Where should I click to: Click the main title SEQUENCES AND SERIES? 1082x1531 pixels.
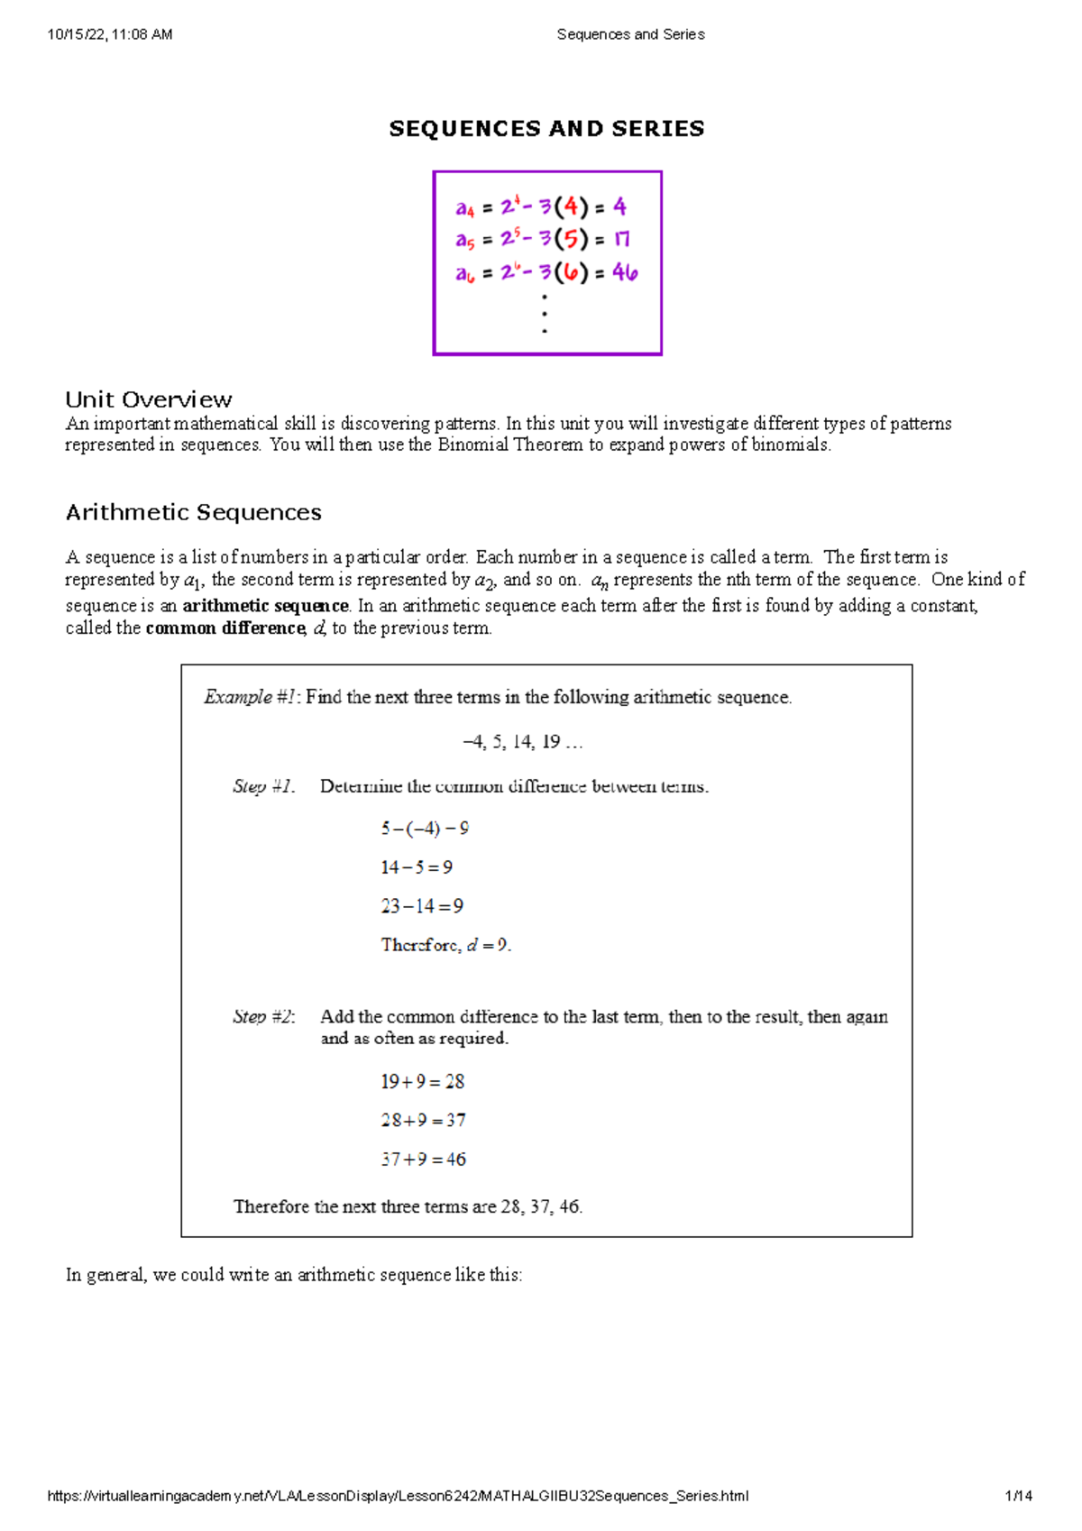(x=546, y=129)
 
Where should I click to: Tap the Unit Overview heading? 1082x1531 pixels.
(x=149, y=399)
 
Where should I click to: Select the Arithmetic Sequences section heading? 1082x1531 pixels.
(x=193, y=512)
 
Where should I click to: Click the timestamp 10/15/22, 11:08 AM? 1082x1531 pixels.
(x=109, y=34)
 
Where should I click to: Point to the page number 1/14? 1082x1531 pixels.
(x=1019, y=1496)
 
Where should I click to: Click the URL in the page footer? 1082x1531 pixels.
(x=398, y=1496)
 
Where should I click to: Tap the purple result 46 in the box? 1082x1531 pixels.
(x=625, y=272)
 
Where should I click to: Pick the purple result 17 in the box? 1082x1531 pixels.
(x=622, y=239)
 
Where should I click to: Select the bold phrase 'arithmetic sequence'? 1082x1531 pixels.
(x=265, y=606)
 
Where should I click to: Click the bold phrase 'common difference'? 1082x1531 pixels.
(x=225, y=628)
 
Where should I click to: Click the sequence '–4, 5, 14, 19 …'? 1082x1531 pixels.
(x=523, y=742)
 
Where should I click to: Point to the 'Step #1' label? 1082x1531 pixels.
(x=263, y=786)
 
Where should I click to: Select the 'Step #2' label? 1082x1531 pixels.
(x=263, y=1017)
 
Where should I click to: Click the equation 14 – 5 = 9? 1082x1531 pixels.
(x=417, y=867)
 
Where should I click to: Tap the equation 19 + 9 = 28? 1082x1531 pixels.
(x=422, y=1081)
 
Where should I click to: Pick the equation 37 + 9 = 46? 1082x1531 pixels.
(x=423, y=1160)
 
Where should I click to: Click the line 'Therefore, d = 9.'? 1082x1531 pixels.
(x=445, y=945)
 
